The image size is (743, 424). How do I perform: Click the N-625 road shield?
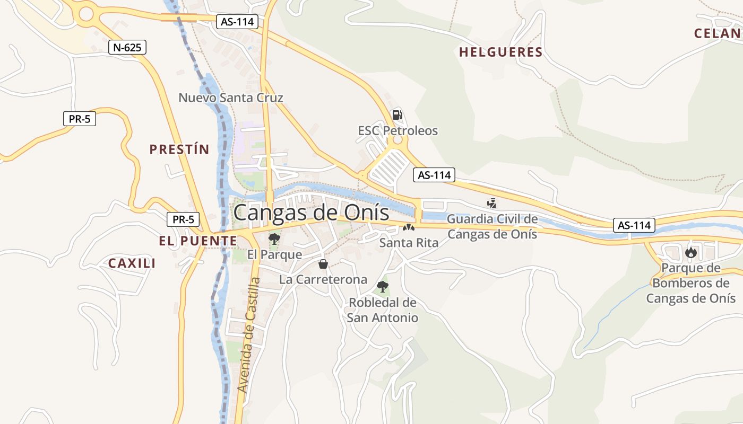coord(127,48)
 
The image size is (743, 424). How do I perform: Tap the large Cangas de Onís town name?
coord(311,213)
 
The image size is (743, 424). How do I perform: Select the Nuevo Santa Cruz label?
coord(231,98)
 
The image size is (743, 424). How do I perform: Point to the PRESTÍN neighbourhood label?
coord(179,149)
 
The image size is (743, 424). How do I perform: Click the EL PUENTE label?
coord(198,241)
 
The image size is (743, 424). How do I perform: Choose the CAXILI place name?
coord(132,263)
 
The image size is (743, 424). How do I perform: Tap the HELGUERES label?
coord(500,52)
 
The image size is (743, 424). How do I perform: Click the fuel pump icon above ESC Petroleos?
coord(397,114)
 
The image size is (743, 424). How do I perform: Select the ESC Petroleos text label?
coord(398,130)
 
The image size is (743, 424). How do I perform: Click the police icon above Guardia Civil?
coord(492,202)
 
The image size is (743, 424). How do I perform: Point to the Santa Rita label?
coord(409,243)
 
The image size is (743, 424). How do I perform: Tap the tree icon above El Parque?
coord(274,239)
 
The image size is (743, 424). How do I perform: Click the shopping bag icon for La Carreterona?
coord(323,263)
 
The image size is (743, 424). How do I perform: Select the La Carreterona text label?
coord(323,279)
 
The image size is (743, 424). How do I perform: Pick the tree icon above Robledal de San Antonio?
coord(382,287)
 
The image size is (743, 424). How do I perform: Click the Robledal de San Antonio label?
coord(382,310)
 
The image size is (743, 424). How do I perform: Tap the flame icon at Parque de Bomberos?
coord(690,252)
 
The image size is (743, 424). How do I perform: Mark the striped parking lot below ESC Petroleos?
coord(390,167)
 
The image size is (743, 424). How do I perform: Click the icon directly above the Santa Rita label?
coord(408,227)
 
